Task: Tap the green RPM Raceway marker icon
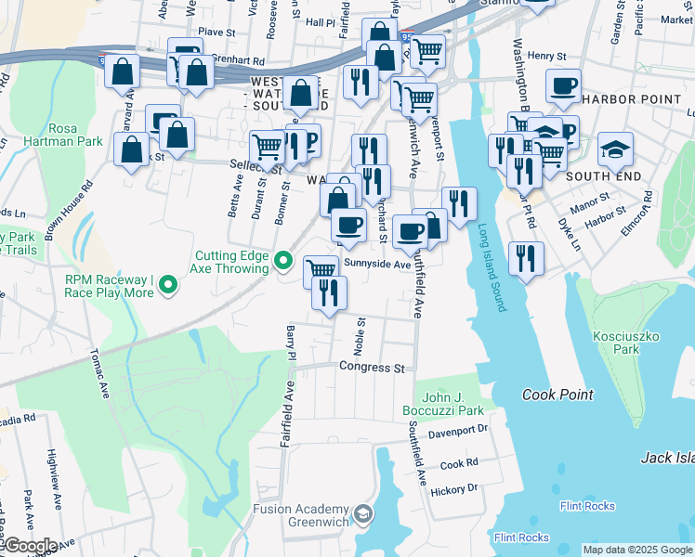tap(168, 284)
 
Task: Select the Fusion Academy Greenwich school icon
tap(364, 513)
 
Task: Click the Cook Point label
tap(557, 395)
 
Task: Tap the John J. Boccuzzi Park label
tap(443, 403)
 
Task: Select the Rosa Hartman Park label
tap(76, 135)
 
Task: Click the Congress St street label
tap(372, 368)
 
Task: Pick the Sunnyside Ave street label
tap(377, 265)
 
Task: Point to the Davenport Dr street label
tap(458, 432)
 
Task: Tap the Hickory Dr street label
tap(458, 487)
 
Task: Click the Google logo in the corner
tap(31, 546)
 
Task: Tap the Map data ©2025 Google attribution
tap(636, 550)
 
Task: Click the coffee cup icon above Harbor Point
tap(562, 86)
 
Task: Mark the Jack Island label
tap(667, 458)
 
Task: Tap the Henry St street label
tap(546, 57)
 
